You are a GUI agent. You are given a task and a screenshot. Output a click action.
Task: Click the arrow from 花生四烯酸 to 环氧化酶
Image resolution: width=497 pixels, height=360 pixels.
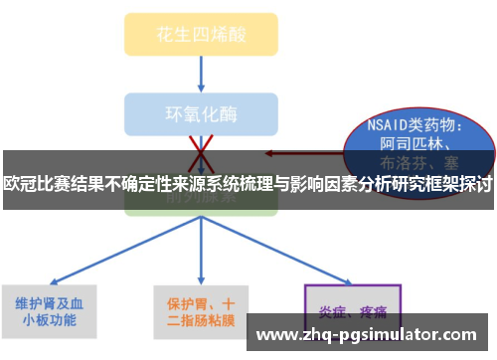click(x=202, y=72)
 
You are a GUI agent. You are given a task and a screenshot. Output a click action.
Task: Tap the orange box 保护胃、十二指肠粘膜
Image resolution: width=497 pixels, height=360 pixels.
click(x=200, y=311)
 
